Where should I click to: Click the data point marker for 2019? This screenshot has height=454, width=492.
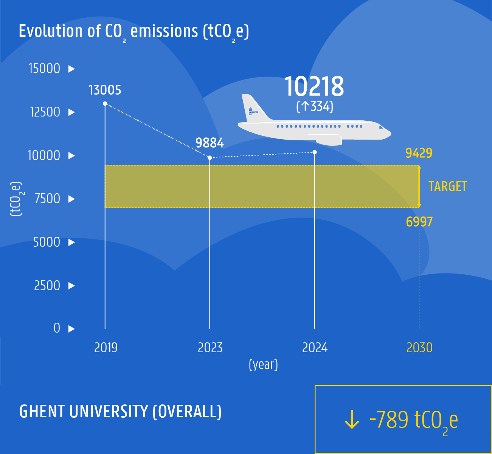pos(105,103)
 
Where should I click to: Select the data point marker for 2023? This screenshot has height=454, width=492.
pos(210,157)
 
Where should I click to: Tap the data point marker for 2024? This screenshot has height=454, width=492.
pos(315,152)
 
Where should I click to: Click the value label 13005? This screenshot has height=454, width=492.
pos(105,90)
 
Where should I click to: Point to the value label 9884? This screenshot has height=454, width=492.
pos(210,143)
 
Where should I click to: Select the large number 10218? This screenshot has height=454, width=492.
pos(314,86)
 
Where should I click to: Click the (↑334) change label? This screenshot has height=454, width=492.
pos(315,106)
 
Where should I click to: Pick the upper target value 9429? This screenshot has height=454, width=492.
pos(419,153)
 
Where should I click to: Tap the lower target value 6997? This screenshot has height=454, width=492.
pos(419,222)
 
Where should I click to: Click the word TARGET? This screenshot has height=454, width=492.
pos(447,187)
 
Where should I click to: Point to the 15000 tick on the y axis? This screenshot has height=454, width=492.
pos(45,68)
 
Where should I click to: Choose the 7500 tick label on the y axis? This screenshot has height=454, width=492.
pos(47,199)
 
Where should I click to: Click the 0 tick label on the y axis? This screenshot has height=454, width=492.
pos(57,328)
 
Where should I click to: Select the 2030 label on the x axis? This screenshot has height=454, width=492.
pos(419,348)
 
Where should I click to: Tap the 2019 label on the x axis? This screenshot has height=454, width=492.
pos(106,348)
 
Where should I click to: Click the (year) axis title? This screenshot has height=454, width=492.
pos(263,365)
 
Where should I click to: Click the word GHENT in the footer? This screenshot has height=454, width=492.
pos(42,412)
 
